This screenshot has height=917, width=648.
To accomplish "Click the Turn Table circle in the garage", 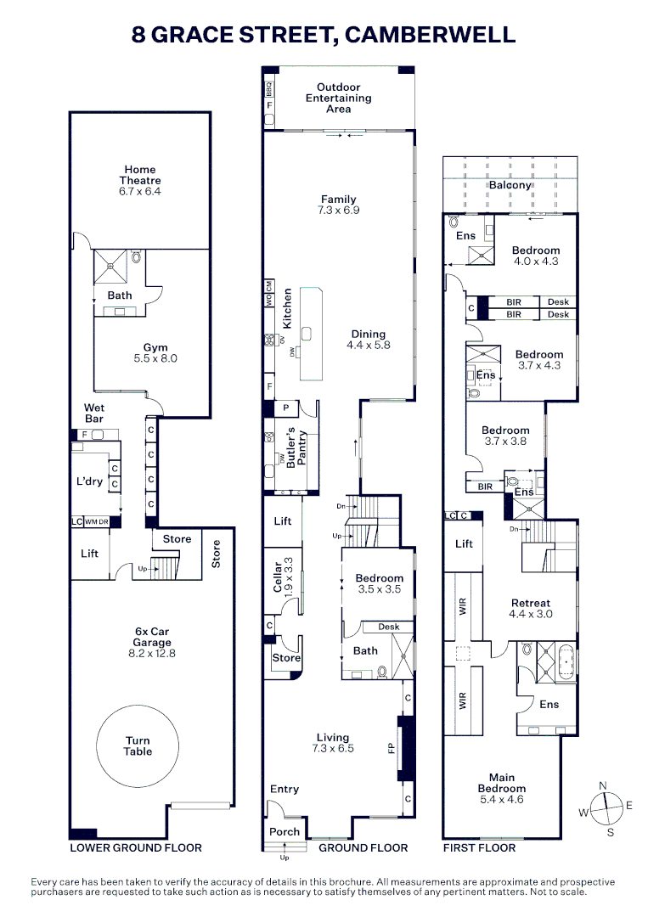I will [x=138, y=745].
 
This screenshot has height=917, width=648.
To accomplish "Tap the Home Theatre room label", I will [x=141, y=175].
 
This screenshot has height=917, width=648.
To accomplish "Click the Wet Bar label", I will [x=93, y=413].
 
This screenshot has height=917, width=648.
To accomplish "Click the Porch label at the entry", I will [x=285, y=831].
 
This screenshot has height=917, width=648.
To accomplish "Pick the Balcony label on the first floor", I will [x=510, y=185].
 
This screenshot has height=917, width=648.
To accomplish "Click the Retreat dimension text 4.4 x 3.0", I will [x=530, y=614].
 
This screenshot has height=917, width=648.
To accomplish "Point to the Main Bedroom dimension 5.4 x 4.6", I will [x=501, y=800].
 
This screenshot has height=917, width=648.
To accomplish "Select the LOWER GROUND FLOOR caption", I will [x=136, y=847].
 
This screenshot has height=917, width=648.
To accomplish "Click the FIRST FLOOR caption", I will [x=479, y=847].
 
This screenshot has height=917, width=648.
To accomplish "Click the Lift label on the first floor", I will [x=464, y=543].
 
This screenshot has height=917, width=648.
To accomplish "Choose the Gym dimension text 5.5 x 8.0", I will [x=155, y=359].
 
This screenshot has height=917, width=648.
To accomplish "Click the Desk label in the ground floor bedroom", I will [x=389, y=627].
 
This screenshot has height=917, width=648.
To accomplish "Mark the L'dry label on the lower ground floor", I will [x=90, y=481].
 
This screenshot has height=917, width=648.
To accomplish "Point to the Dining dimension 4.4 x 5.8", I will [x=368, y=346].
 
